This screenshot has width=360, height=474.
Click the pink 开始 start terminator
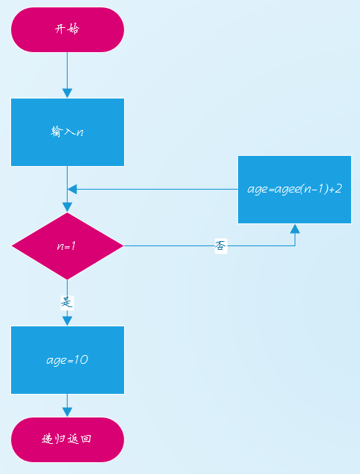pyautogui.click(x=68, y=29)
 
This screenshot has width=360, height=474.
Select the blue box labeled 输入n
pyautogui.click(x=68, y=132)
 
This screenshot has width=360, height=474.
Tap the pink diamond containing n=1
pyautogui.click(x=68, y=246)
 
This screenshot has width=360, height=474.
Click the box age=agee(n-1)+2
pyautogui.click(x=295, y=190)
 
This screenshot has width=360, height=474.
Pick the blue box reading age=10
pyautogui.click(x=68, y=360)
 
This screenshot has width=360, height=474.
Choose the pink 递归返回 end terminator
pyautogui.click(x=68, y=439)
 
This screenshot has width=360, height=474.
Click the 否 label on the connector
pyautogui.click(x=220, y=245)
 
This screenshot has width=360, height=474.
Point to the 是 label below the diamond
pyautogui.click(x=67, y=302)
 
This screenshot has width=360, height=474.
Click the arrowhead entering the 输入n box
pyautogui.click(x=67, y=93)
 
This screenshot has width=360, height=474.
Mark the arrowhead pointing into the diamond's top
pyautogui.click(x=67, y=207)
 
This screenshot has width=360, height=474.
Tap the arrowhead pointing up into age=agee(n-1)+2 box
pyautogui.click(x=295, y=229)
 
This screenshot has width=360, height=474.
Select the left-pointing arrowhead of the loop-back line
pyautogui.click(x=72, y=190)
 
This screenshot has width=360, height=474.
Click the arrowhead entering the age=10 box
pyautogui.click(x=67, y=321)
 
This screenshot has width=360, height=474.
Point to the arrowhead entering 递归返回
pyautogui.click(x=67, y=412)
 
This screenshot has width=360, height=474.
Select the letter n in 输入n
pyautogui.click(x=80, y=132)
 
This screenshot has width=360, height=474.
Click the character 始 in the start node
pyautogui.click(x=73, y=29)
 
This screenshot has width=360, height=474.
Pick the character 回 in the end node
pyautogui.click(x=86, y=439)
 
